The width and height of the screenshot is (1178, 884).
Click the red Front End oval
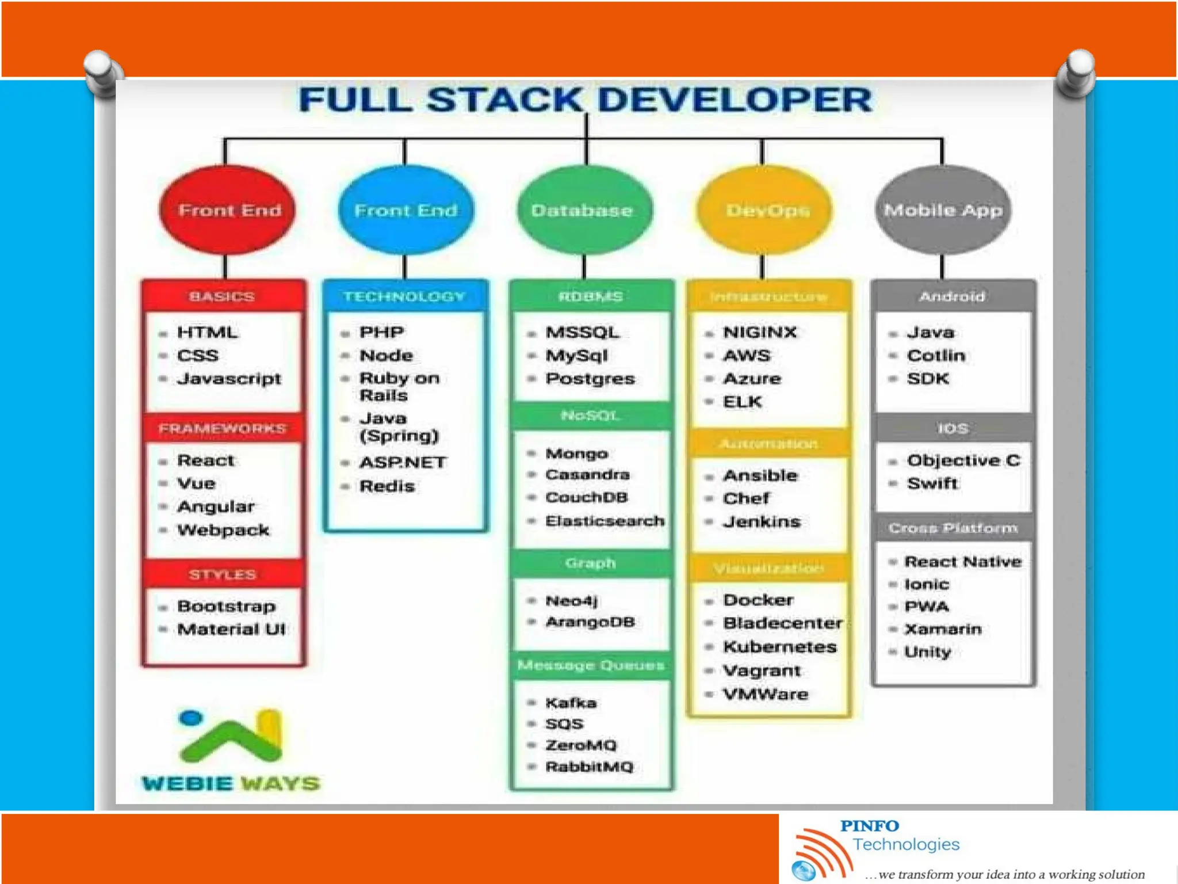(x=228, y=210)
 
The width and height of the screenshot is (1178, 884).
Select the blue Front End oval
(x=406, y=210)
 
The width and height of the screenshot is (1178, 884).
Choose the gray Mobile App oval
(x=943, y=210)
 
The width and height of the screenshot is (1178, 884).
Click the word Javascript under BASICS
(x=229, y=379)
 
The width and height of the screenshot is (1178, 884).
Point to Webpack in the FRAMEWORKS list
(x=223, y=530)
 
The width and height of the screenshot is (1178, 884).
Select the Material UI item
(x=231, y=629)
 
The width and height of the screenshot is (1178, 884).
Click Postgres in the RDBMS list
(x=590, y=379)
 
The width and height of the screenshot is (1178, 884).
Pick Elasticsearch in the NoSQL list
(x=605, y=521)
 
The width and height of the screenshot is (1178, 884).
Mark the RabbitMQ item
(x=589, y=767)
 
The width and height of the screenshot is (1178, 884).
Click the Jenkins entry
(x=762, y=522)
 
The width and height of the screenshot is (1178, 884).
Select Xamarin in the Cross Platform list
(x=943, y=629)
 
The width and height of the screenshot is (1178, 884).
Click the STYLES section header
(x=223, y=574)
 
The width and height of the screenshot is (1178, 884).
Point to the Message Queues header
(x=591, y=665)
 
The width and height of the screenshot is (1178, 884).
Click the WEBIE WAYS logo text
(x=231, y=783)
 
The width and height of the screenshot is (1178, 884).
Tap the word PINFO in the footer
(x=869, y=826)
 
